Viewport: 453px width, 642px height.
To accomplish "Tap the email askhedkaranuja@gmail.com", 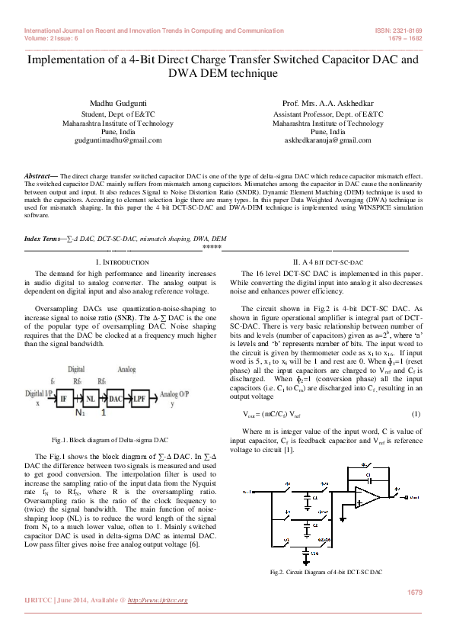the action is click(x=327, y=141).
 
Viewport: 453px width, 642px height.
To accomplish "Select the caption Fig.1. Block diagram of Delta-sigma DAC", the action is click(x=110, y=441).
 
